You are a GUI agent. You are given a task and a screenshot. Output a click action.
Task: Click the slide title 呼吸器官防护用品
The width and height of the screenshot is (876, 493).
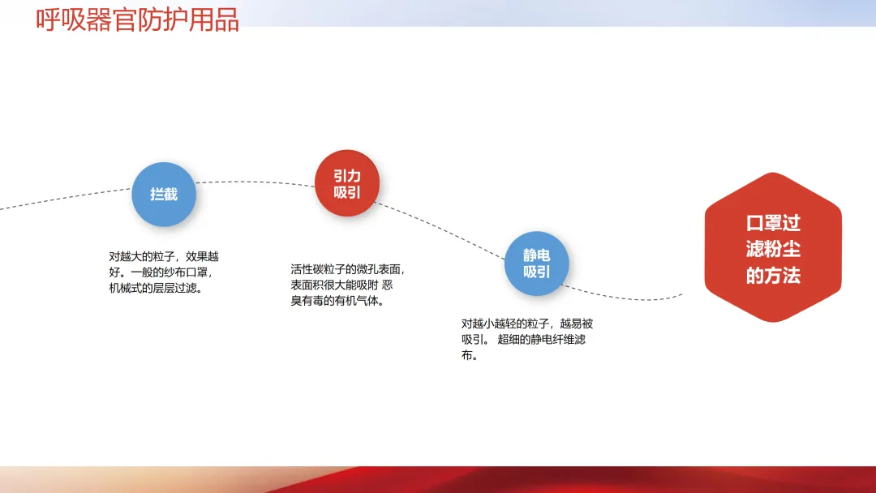[x=137, y=19]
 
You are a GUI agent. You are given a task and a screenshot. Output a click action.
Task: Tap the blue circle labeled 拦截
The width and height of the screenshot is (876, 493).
[x=164, y=195]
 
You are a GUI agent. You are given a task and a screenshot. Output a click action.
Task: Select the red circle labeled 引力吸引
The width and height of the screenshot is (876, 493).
[x=347, y=183]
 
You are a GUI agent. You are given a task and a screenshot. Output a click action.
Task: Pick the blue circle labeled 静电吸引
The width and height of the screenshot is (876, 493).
[x=536, y=264]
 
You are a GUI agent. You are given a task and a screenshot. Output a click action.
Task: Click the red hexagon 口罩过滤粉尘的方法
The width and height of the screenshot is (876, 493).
[x=773, y=247]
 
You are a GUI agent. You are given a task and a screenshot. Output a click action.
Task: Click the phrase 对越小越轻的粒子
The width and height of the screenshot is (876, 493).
[x=505, y=324]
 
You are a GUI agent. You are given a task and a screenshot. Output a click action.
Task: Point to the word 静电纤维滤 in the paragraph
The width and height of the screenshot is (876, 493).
[x=558, y=339]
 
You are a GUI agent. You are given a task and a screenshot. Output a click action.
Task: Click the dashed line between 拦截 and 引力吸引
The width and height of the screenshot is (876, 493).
[x=255, y=182]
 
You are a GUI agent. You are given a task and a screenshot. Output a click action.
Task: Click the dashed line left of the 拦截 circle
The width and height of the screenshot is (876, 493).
[x=66, y=198]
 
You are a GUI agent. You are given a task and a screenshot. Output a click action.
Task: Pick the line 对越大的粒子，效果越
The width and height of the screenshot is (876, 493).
[x=164, y=256]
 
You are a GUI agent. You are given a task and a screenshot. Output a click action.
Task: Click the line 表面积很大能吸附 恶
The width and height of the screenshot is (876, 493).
[x=341, y=285]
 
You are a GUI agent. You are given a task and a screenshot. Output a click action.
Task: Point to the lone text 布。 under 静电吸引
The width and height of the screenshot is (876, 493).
[x=470, y=355]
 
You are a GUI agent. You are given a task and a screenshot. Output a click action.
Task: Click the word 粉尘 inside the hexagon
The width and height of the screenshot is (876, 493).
[x=787, y=249]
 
